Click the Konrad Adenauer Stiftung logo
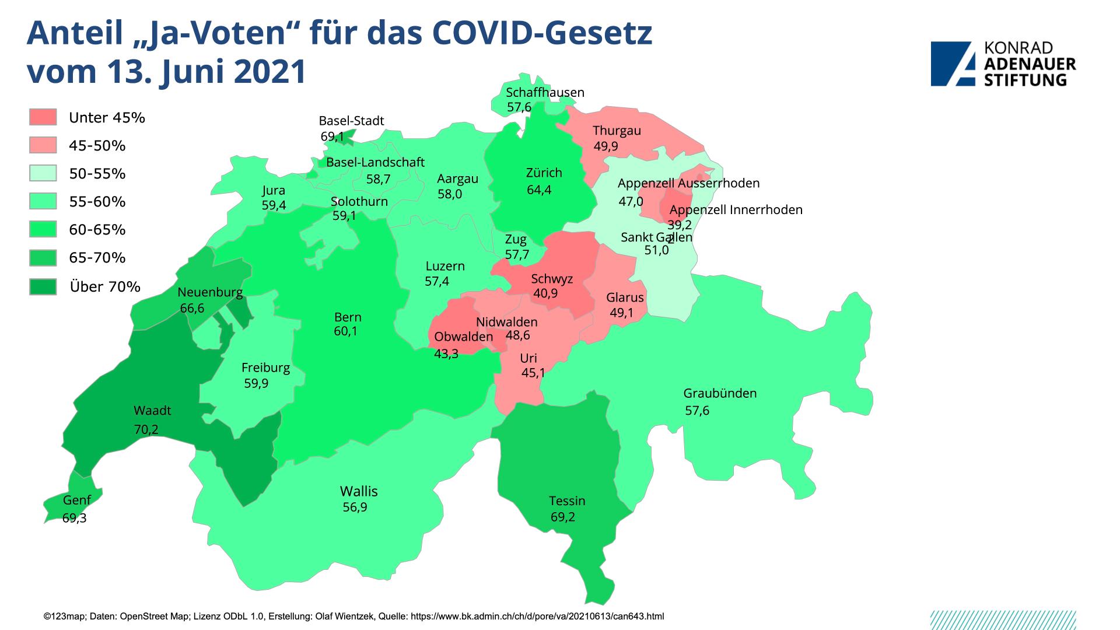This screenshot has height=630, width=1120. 1003,64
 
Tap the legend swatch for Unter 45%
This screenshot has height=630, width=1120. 43,117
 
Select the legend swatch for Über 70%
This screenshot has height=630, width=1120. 43,286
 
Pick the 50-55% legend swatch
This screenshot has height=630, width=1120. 43,173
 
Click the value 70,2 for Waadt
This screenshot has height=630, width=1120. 146,430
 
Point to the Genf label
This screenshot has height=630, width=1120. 76,500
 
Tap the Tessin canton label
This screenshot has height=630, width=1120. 567,501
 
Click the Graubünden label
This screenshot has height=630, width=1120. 720,393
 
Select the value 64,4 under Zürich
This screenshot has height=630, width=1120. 538,190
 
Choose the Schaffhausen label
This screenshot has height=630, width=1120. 545,92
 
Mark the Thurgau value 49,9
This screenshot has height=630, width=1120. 605,146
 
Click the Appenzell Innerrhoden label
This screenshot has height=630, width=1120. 736,209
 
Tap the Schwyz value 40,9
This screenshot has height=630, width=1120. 545,293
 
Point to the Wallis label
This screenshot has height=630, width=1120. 359,491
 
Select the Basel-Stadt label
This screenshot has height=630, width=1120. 351,121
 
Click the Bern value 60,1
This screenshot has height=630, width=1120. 346,331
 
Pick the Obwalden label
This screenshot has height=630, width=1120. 463,337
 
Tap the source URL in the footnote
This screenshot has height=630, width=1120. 537,616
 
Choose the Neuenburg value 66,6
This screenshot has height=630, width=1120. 192,307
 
